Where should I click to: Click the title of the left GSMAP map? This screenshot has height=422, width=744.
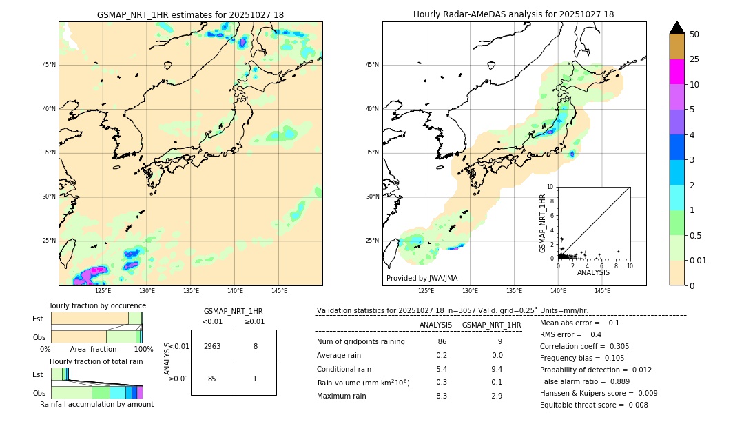190,14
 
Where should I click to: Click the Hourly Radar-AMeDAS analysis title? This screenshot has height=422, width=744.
513,14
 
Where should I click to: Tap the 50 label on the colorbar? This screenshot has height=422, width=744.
694,34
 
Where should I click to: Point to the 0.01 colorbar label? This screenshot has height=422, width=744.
697,260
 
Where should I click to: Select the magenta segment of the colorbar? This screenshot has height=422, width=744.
676,72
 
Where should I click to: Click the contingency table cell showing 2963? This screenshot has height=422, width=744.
212,346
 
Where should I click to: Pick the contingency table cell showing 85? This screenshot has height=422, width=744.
212,379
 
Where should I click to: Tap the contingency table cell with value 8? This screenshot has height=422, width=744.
255,346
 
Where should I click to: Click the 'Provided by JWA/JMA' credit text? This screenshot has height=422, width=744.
422,279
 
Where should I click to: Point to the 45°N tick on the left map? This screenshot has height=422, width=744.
49,65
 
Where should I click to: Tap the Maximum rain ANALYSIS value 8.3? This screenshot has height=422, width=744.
442,396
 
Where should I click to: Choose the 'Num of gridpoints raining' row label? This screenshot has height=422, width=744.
360,341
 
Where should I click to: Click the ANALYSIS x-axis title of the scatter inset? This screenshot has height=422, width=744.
593,272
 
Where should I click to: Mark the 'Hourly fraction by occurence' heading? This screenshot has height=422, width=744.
96,305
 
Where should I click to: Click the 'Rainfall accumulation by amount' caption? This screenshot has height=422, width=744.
96,404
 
